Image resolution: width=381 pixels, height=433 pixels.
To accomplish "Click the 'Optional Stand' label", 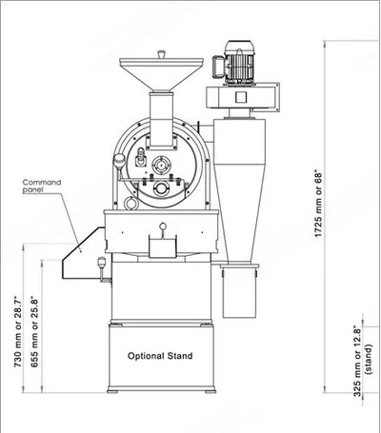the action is (160, 356).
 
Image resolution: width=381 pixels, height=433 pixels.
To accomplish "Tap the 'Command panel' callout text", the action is (42, 187).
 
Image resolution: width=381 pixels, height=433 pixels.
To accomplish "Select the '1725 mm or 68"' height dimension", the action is (318, 205).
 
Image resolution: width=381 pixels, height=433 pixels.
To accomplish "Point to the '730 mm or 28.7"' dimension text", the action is (18, 332).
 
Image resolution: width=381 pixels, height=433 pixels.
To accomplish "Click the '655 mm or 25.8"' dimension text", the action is (34, 332).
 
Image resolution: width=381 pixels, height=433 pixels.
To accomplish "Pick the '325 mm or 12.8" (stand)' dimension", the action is (363, 363).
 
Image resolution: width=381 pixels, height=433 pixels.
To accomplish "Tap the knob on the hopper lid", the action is (161, 54).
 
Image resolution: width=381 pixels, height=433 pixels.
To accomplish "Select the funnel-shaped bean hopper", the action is (161, 74).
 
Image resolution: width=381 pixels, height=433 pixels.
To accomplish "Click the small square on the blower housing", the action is (241, 97).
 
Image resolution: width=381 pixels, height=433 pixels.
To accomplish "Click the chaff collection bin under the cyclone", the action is (240, 292).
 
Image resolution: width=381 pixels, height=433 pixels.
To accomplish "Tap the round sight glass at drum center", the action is (161, 165).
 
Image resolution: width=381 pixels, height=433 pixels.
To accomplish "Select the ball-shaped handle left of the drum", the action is (119, 160).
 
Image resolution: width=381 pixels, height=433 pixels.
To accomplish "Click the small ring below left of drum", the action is (130, 203).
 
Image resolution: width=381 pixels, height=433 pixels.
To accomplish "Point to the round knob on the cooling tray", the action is (163, 226).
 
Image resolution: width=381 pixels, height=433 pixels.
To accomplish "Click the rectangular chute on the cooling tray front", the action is (163, 246).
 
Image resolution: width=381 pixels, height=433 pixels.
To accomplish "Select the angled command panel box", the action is (84, 253).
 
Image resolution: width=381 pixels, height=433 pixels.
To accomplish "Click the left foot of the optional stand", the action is (112, 391).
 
